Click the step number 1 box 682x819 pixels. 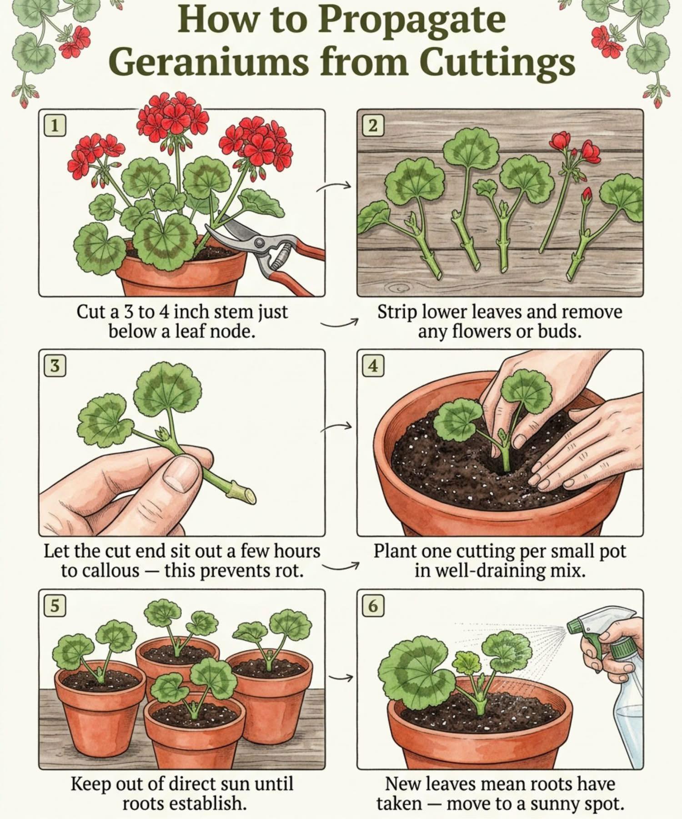click(55, 125)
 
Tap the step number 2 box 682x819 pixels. click(373, 125)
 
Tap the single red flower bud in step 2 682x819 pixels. click(587, 194)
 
